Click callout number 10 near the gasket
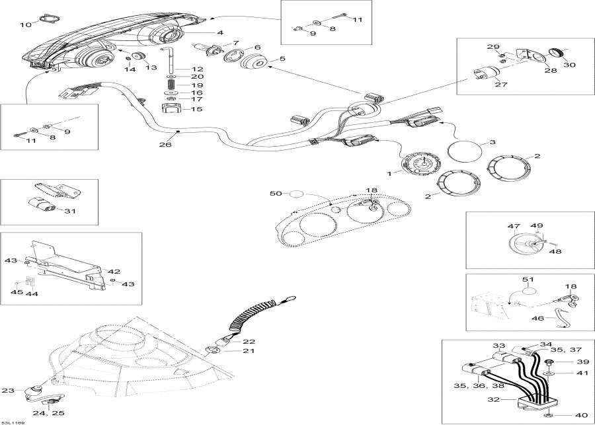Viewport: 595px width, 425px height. pos(25,24)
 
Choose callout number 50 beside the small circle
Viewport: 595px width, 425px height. pos(276,194)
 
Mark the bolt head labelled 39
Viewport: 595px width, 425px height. pos(550,362)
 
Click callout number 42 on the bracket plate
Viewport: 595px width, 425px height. pos(114,271)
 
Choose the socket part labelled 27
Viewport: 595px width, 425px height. pos(486,76)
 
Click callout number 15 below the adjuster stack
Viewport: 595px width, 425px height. pos(198,110)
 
